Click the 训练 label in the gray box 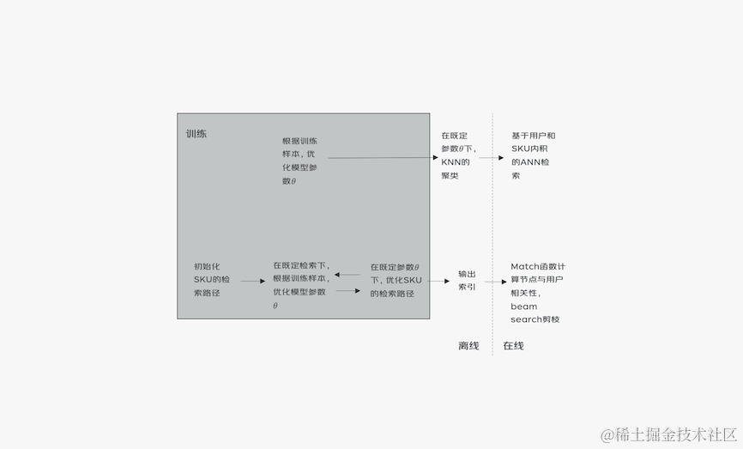pos(196,134)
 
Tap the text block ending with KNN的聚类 pos(455,155)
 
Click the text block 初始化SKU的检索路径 pos(211,280)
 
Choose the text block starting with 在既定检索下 pos(300,285)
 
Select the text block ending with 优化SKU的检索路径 pos(396,281)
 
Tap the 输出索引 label pos(467,280)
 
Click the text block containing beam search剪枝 pos(537,293)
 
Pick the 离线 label pos(468,346)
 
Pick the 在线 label pos(513,346)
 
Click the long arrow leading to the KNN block pos(383,158)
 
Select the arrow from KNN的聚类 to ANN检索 pos(491,158)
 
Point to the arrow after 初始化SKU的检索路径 pos(252,281)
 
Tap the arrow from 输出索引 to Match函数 pos(495,281)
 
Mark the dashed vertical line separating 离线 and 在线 pos(492,232)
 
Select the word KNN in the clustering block pos(451,161)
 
